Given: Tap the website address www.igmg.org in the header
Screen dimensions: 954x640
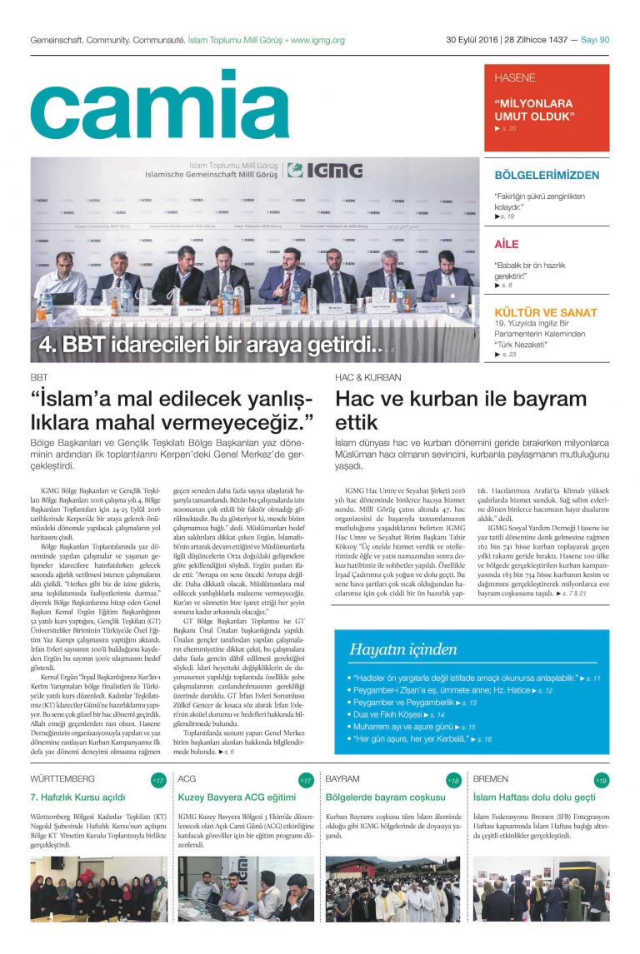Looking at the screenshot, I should (x=317, y=40).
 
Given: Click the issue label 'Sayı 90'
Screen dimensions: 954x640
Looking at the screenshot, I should (x=595, y=40).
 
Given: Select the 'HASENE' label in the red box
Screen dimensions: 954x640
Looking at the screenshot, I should (x=515, y=78).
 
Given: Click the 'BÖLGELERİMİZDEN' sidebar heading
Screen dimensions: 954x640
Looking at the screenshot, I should (x=547, y=176).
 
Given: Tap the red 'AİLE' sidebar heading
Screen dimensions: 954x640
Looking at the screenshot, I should (x=507, y=244).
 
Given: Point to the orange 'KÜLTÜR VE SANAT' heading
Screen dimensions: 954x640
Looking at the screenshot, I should (x=546, y=312).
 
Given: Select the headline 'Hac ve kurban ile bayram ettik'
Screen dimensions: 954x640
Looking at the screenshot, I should (x=461, y=410).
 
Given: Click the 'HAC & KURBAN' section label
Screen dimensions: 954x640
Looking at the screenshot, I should (x=367, y=377).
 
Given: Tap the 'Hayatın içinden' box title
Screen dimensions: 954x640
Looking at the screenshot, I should (x=392, y=649).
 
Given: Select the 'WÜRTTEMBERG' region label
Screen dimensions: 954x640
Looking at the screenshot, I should (x=62, y=780).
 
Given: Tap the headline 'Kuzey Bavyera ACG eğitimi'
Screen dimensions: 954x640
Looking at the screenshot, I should (x=237, y=797).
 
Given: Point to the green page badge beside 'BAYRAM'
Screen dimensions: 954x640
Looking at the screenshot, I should (x=453, y=781).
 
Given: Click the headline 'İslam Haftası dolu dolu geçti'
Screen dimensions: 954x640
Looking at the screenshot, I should (x=534, y=797).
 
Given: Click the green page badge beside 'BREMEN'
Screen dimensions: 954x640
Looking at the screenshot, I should (x=601, y=781).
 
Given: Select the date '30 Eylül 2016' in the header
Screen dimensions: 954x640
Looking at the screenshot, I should (x=472, y=40).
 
